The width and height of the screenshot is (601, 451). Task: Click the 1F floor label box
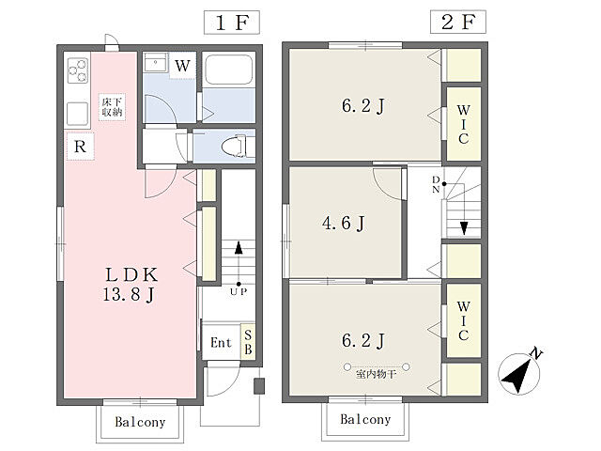pos(232,23)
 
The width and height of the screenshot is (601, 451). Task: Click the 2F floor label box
pos(458,22)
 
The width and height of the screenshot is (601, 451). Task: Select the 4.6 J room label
pos(344,223)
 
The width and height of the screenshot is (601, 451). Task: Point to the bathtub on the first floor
pos(228,70)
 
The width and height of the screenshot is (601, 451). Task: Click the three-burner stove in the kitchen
pos(78,70)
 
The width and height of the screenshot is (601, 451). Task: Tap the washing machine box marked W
pos(182,66)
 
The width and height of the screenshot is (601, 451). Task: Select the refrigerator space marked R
pos(80,147)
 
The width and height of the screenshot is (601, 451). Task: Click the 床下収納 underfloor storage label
pos(112,107)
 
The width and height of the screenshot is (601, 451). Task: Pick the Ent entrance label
pos(222,342)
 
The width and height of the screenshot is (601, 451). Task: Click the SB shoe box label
pos(248,342)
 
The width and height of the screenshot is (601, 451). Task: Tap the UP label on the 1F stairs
pos(239,292)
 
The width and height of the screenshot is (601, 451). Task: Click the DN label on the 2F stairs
pos(436,184)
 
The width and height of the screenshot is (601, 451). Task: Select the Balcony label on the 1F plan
pos(140,422)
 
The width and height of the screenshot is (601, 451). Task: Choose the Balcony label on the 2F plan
pos(365,419)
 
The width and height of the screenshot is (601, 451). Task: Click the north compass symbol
pos(520,372)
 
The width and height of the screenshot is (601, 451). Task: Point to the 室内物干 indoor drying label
pos(376,374)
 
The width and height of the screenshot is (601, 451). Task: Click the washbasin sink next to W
pos(155,62)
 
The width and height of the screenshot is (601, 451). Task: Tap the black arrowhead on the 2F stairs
pos(464,228)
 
